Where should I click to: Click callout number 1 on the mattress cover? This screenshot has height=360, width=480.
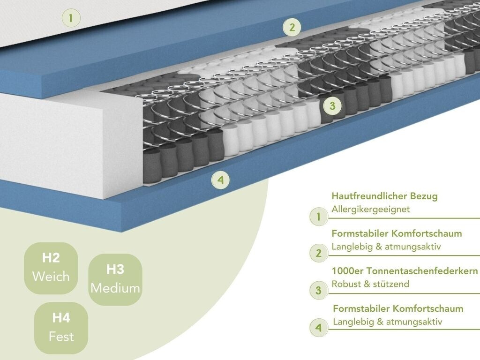(x=71, y=19)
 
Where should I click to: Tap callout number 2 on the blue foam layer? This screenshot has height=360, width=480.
(x=292, y=27)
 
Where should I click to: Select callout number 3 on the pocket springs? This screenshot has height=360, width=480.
(x=332, y=106)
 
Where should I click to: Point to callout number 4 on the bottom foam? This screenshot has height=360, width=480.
(x=220, y=180)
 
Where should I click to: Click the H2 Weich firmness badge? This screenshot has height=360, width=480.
(x=51, y=268)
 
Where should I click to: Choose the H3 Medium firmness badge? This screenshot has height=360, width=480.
(x=115, y=279)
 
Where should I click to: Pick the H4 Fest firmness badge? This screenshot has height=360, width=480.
(x=61, y=328)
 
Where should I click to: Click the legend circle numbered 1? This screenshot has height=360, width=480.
(x=319, y=217)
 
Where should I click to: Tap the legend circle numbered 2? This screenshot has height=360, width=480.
(x=319, y=254)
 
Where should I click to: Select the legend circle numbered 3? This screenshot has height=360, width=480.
(x=319, y=291)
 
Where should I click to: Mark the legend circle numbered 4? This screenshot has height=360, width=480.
(x=319, y=328)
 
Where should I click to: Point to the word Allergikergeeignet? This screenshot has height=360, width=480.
(x=370, y=209)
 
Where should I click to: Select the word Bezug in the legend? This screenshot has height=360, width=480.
(x=425, y=196)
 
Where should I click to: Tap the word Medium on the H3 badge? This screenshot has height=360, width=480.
(x=115, y=288)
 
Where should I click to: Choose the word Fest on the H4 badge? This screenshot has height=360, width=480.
(x=61, y=337)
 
